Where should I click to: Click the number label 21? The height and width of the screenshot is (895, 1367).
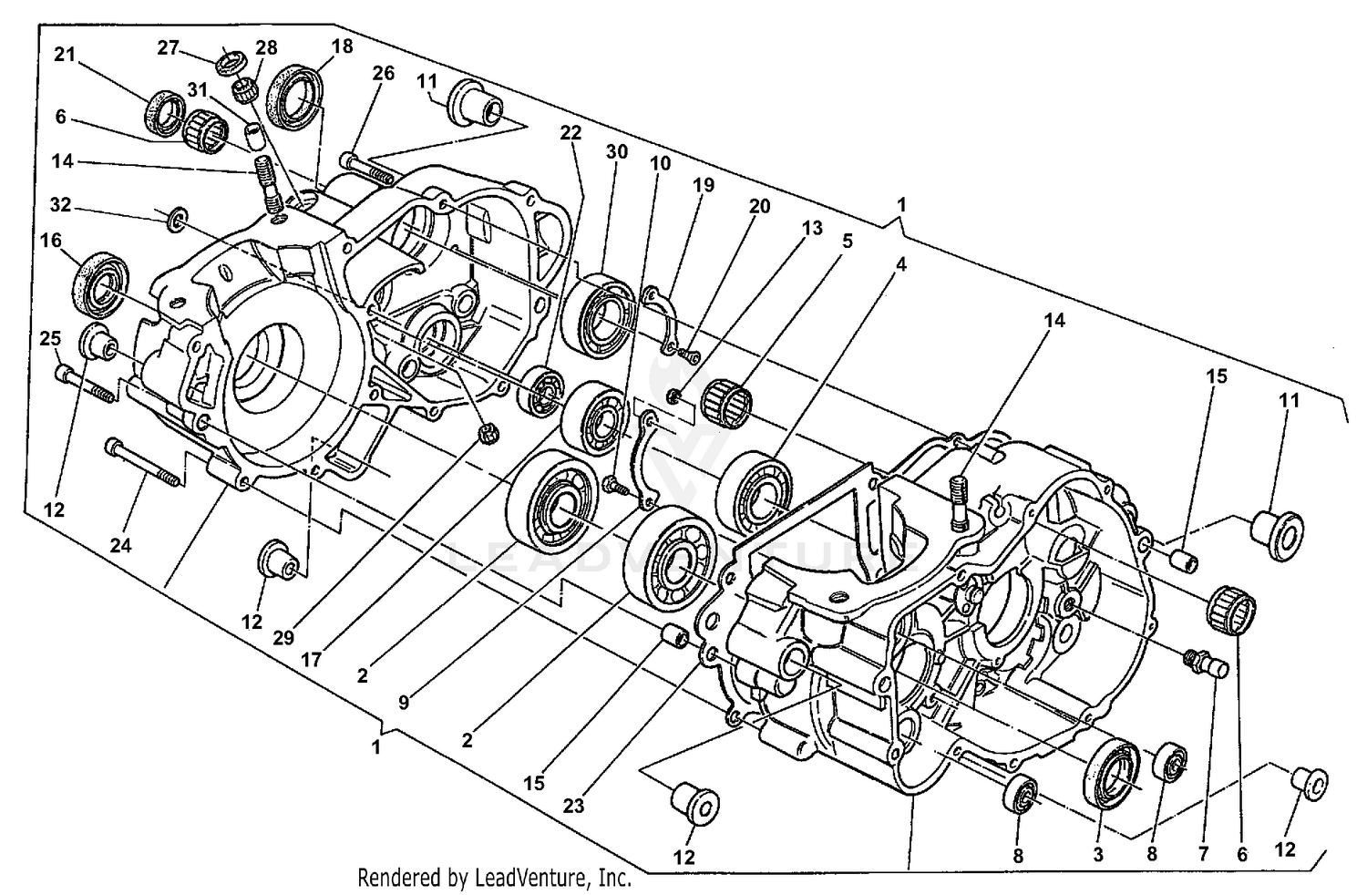[64, 56]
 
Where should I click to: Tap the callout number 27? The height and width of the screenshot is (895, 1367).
[169, 47]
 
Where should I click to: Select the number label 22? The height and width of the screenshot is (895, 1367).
[570, 133]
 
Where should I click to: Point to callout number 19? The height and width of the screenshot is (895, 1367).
[704, 185]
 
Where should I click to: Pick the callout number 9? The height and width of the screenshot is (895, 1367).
[404, 703]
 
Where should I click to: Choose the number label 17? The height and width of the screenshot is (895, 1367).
[312, 658]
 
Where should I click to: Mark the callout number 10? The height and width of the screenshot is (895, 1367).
[660, 163]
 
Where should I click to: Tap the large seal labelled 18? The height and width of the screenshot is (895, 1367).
[294, 93]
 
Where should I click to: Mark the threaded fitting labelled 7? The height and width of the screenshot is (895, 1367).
[1204, 664]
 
